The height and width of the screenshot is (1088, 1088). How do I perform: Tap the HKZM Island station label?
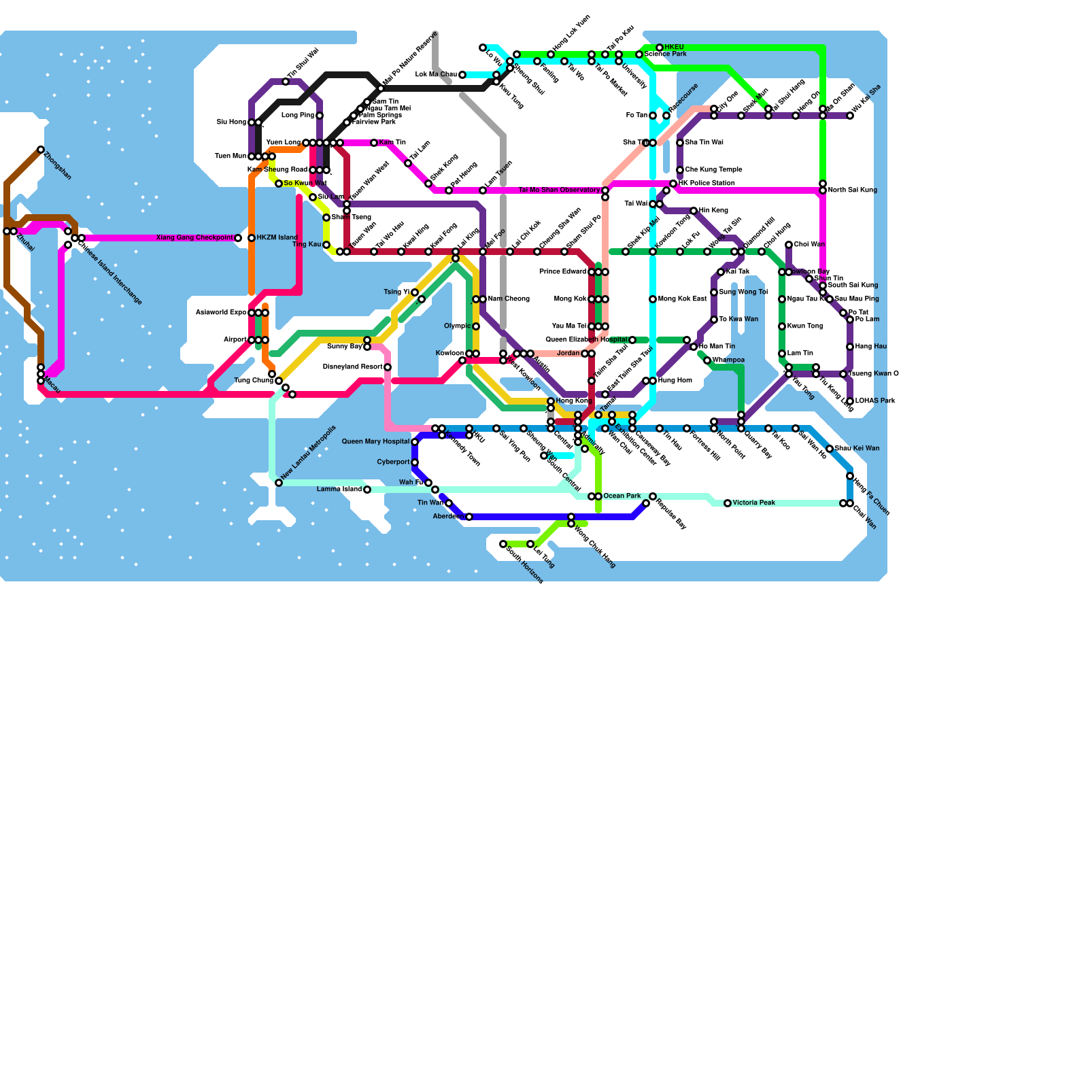277,238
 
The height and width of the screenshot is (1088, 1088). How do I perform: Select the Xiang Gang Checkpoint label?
194,238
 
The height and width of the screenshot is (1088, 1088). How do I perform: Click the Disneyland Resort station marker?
388,367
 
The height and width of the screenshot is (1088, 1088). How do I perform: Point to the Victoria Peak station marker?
728,503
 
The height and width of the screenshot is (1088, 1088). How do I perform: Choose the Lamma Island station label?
339,490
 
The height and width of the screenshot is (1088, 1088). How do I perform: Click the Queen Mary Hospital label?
375,442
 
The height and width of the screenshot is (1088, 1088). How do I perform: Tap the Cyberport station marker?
415,462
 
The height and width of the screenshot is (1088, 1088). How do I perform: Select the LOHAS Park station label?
875,401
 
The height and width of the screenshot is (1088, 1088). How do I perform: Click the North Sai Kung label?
852,190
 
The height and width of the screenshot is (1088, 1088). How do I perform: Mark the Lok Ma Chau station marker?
462,75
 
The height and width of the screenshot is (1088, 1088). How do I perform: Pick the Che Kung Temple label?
713,170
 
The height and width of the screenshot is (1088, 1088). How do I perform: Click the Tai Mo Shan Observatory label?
559,190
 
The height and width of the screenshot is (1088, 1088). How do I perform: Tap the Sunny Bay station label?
345,347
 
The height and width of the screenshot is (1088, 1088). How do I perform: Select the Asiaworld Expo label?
221,313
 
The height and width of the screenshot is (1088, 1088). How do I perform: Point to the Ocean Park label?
622,496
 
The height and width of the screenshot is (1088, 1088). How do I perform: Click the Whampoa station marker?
707,360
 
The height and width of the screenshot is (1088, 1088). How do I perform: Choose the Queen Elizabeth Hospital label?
586,340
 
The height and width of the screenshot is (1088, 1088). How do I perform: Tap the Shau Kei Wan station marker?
830,449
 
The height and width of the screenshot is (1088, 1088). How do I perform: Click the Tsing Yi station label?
396,292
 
